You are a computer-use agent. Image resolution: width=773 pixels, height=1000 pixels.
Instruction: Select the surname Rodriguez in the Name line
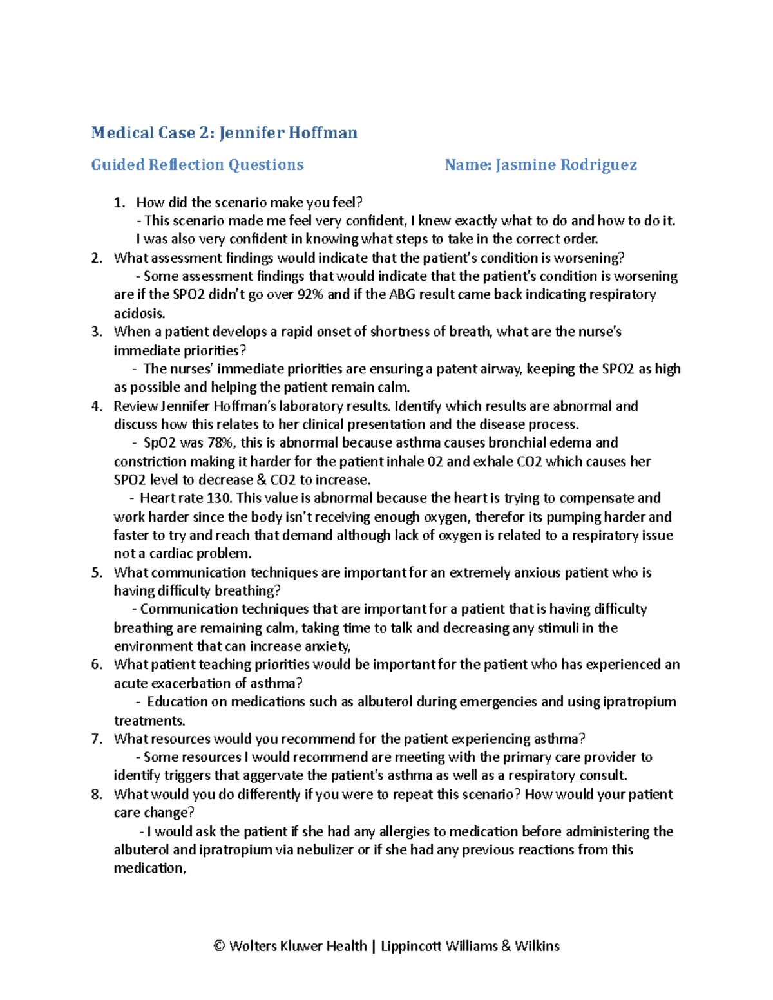[598, 165]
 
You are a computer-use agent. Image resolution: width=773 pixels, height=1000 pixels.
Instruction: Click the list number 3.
[96, 332]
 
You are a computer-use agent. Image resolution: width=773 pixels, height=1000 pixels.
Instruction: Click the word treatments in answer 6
[148, 721]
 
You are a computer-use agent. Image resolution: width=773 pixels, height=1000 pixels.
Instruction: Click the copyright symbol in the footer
[219, 947]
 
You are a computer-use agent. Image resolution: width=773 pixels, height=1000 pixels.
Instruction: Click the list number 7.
[96, 739]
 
